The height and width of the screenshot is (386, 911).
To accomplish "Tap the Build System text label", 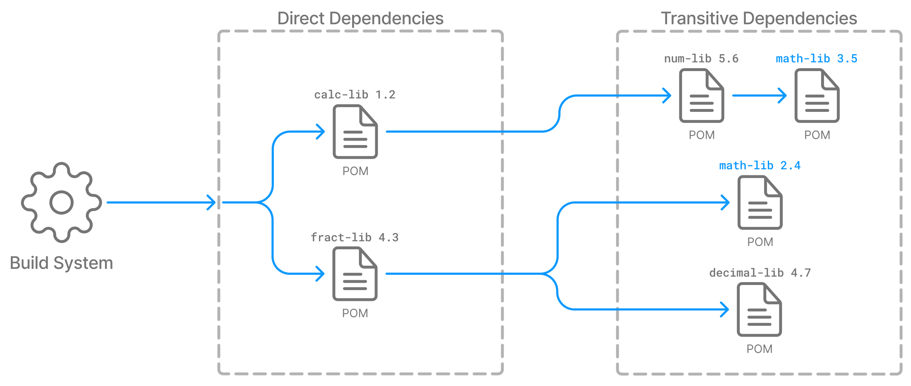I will pos(61,263).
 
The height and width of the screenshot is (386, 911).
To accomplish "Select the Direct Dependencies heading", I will pos(360,18).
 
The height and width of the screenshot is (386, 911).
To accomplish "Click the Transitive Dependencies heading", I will pos(759,18).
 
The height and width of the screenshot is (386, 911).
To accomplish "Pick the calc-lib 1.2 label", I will pos(355,95).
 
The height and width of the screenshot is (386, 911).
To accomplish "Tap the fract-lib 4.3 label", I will pos(355,237).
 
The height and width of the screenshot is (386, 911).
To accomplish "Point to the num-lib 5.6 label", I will pos(701,58).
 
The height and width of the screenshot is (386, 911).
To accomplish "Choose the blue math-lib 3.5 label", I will pos(816,58).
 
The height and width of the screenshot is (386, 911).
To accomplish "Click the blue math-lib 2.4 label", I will pos(759,166).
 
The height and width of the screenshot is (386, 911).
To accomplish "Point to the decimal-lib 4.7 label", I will pos(760,273).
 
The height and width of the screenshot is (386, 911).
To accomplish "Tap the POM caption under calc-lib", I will pos(355,171).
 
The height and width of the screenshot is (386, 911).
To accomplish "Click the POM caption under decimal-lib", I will pos(759,349).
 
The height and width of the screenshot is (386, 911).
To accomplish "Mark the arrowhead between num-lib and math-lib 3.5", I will pos(782,96).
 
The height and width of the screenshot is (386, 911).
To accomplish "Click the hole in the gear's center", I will pos(61,202).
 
